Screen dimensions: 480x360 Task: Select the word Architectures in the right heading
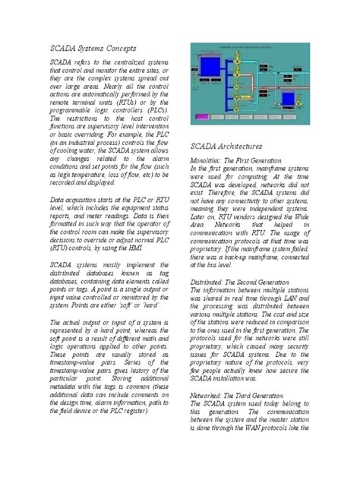coord(241,145)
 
